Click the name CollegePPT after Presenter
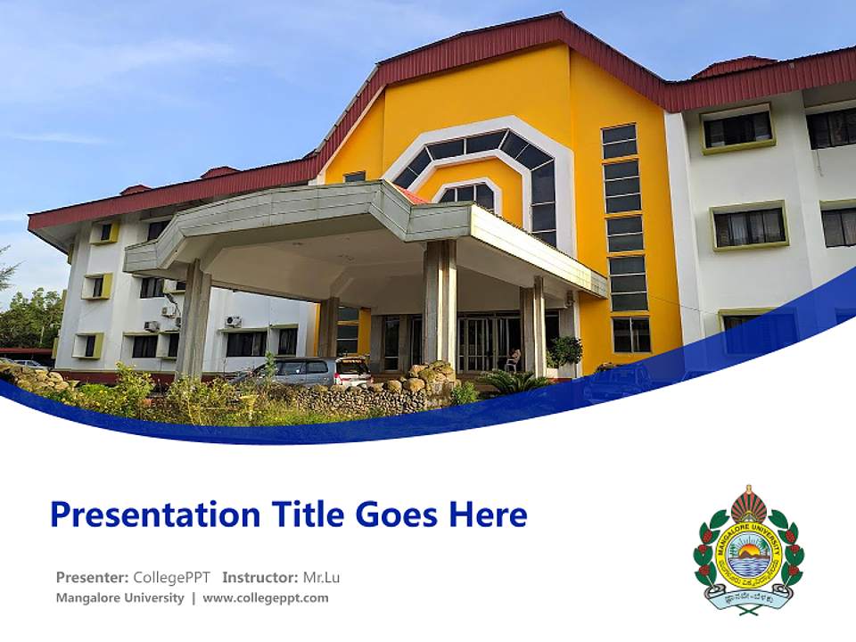pyautogui.click(x=171, y=578)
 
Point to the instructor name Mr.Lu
pyautogui.click(x=321, y=578)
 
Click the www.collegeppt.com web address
pyautogui.click(x=266, y=598)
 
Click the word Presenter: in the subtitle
pyautogui.click(x=92, y=578)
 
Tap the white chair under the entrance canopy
pyautogui.click(x=514, y=360)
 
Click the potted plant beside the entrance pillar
pyautogui.click(x=565, y=353)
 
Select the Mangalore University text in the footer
pyautogui.click(x=119, y=598)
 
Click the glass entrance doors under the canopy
pyautogui.click(x=477, y=343)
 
